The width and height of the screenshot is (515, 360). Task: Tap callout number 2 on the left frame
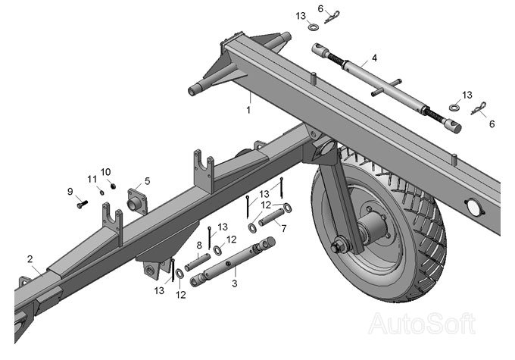[x=30, y=259]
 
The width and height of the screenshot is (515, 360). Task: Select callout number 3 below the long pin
[x=235, y=283]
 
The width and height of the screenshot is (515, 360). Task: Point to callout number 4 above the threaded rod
[x=374, y=58]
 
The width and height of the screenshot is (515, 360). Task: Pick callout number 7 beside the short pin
[x=283, y=227]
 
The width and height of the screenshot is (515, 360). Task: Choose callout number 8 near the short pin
[x=199, y=245]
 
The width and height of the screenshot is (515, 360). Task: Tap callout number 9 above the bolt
[x=70, y=191]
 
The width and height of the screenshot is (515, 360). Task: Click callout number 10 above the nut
[x=106, y=171]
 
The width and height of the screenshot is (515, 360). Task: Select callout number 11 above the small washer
[x=92, y=179]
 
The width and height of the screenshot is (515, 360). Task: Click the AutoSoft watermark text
[x=422, y=324]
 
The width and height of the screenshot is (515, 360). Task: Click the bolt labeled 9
[x=81, y=203]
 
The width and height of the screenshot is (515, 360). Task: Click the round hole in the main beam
[x=473, y=207]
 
